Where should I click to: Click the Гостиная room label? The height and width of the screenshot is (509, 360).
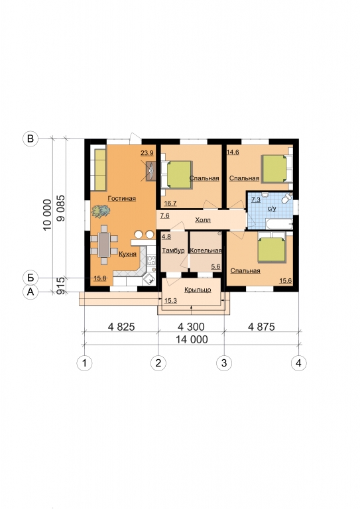coord(122,199)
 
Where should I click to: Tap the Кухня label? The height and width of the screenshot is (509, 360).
coord(127,254)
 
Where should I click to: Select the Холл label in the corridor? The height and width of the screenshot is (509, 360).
coord(203,220)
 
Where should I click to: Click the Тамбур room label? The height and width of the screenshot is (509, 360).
coord(173,251)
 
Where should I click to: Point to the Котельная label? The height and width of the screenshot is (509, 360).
coord(206,251)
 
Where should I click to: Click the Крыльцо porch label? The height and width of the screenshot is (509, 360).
coord(198,290)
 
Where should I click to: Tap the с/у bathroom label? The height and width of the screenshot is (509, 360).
coord(272,209)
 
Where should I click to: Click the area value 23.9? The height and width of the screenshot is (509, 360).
coord(147,152)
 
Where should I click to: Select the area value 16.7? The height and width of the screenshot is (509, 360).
coord(170,203)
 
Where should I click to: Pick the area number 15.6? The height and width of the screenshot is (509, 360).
coord(285,281)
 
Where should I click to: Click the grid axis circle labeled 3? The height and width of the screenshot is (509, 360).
coord(224,363)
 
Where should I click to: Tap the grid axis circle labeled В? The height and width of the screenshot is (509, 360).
coord(30,139)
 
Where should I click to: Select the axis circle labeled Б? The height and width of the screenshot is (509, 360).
coord(30,278)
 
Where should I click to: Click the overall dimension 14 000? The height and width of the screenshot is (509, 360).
coord(192,339)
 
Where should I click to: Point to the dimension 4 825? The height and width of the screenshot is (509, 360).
coord(121,327)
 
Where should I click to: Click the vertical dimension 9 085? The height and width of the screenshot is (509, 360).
coord(61,208)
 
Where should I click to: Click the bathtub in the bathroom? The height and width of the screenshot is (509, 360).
coord(278,224)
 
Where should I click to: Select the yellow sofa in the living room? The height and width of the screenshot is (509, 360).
coord(100,170)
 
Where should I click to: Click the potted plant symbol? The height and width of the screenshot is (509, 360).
coord(101,211)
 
